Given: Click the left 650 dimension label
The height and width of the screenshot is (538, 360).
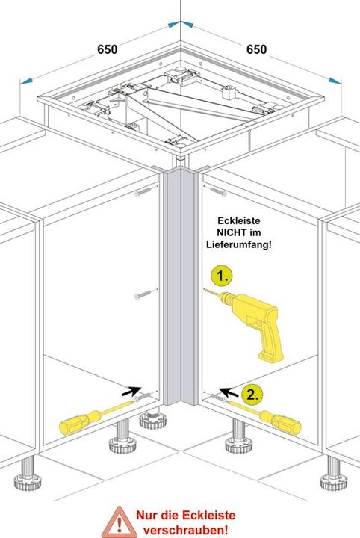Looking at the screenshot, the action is pos(108,49).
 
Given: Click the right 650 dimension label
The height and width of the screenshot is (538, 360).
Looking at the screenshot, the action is pos(256,49).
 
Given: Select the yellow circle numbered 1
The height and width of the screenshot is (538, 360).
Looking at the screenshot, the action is pos(222,276).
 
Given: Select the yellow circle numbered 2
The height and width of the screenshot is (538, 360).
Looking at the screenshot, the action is pos(252,395).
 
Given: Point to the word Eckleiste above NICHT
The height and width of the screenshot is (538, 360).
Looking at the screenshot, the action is pos(239,220).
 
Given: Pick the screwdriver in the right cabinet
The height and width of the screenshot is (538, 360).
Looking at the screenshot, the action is pos(262,415).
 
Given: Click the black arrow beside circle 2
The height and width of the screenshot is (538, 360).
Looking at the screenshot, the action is pos(229,392).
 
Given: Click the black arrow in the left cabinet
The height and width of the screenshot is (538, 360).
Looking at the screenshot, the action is pos(131,391).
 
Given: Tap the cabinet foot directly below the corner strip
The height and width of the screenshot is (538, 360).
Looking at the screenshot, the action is pos(153,418).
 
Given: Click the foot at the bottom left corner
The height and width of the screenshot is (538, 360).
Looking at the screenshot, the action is pos(28,473).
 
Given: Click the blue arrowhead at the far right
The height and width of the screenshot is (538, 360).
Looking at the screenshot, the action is pos(335,81).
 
